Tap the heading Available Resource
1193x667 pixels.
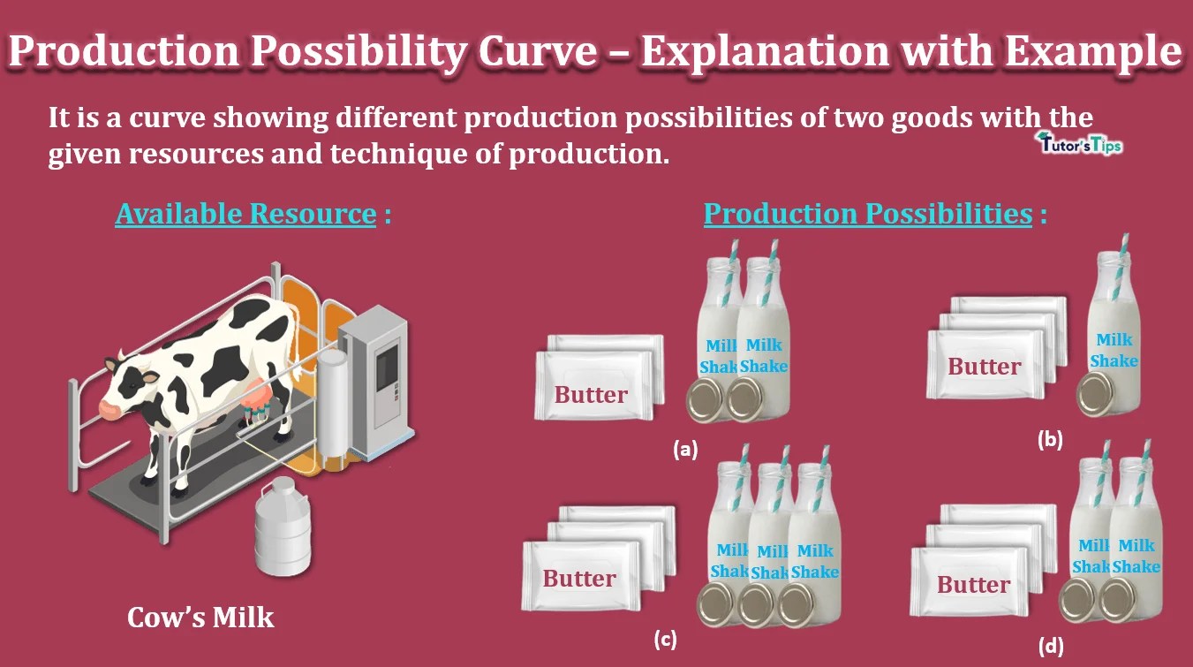245,214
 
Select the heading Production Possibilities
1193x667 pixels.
867,214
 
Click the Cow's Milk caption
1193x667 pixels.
200,617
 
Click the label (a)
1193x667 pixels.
684,449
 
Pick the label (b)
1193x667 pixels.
1049,438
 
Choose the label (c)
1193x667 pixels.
664,639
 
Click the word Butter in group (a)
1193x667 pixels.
591,395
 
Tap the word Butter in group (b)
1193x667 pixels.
984,366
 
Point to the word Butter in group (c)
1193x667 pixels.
579,579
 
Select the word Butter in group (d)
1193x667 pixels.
973,584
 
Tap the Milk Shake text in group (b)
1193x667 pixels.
1114,350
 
